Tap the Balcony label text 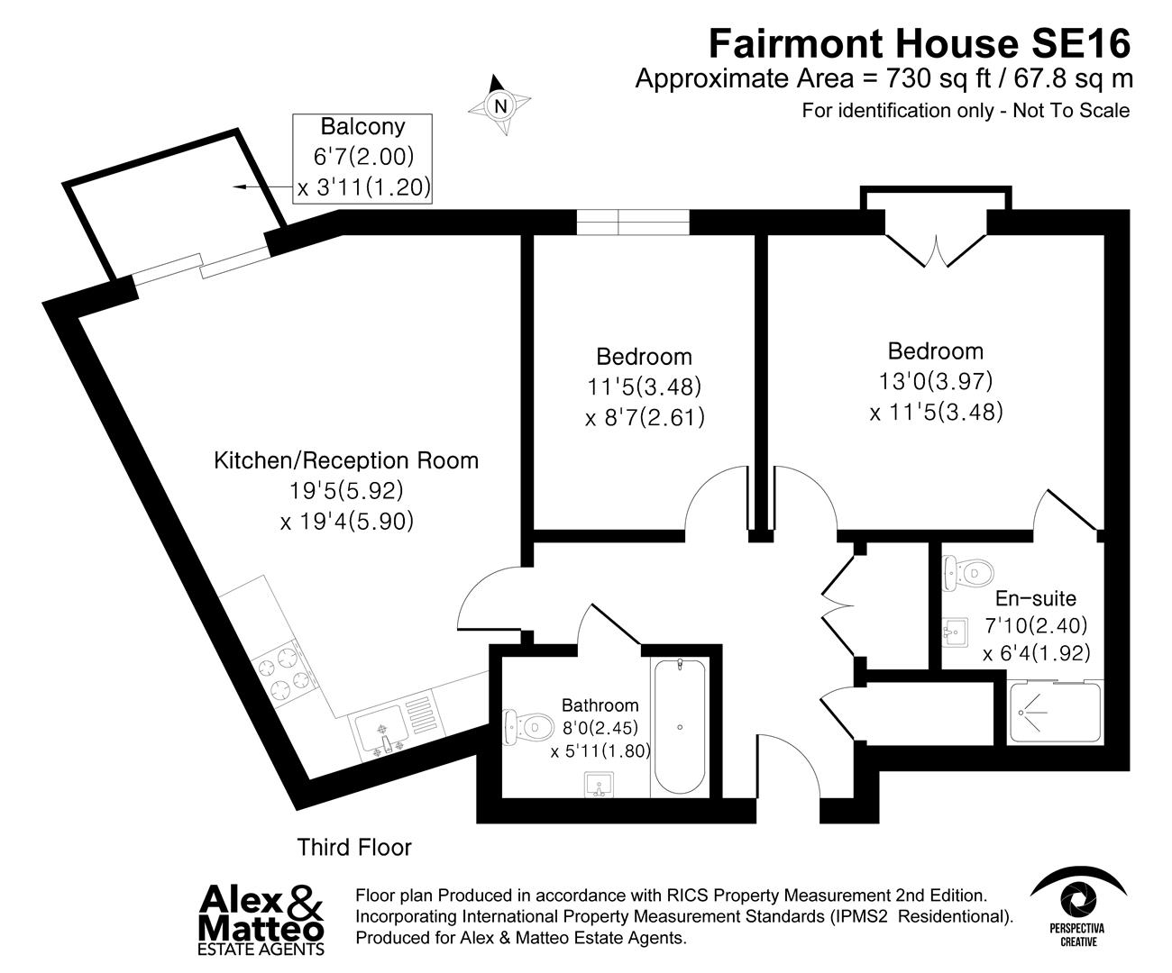coord(363,127)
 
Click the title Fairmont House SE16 coord(920,42)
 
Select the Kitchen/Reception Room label coord(346,461)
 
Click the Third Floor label coord(354,848)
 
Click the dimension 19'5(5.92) coord(345,492)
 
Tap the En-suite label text coord(1036,598)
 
